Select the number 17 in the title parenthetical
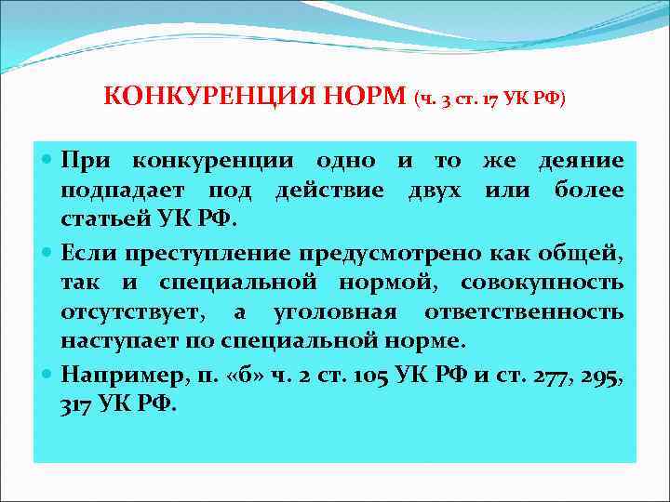click(487, 99)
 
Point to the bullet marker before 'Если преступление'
click(49, 252)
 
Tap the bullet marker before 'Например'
click(49, 375)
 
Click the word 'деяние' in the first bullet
click(582, 160)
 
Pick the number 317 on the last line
click(79, 405)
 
